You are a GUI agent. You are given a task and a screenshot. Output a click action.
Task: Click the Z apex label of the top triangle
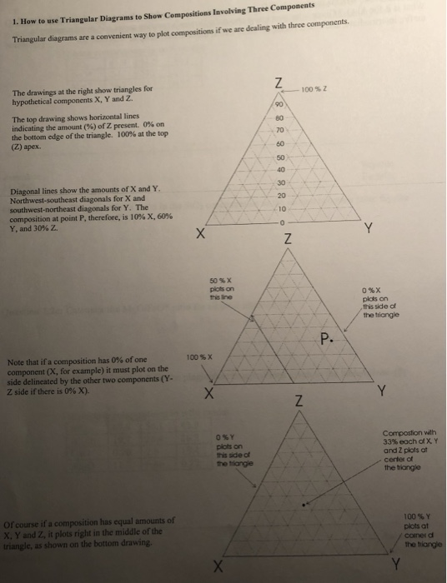click(x=288, y=82)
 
